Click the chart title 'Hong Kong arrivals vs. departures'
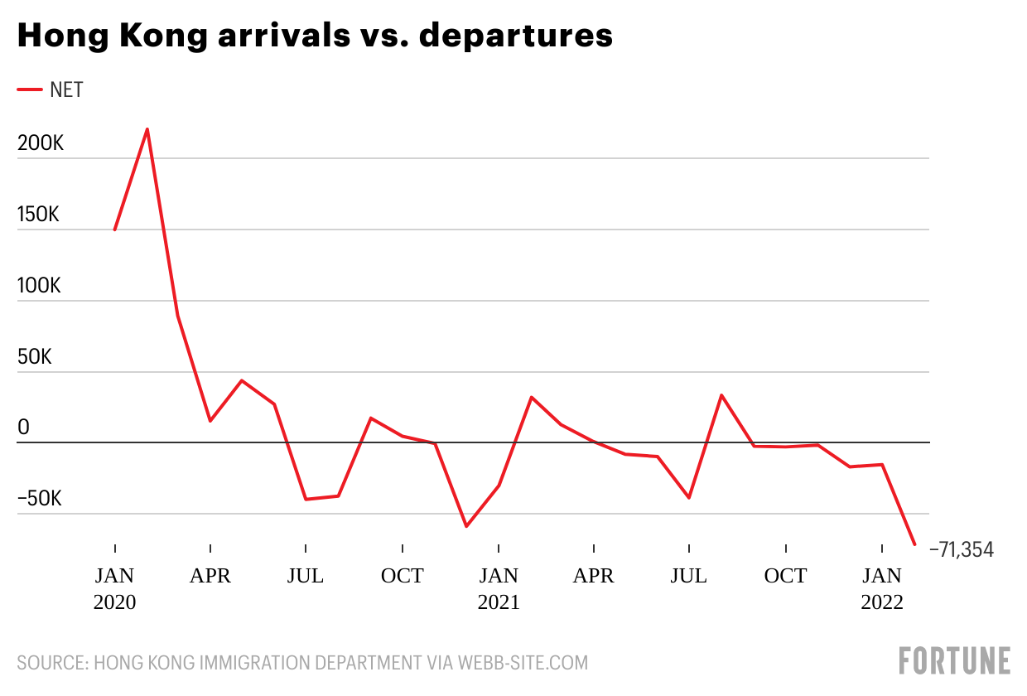(x=315, y=36)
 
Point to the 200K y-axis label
(x=40, y=143)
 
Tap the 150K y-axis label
(x=38, y=215)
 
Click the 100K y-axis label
(x=39, y=287)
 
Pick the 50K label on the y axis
(x=35, y=358)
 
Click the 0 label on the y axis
(x=23, y=428)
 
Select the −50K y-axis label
(x=40, y=499)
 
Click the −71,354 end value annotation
(x=961, y=549)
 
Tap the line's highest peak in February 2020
(x=147, y=128)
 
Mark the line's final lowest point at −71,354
(x=914, y=544)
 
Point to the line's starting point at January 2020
(x=114, y=230)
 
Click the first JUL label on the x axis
(x=306, y=576)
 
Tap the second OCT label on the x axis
(x=785, y=576)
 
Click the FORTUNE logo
(x=955, y=661)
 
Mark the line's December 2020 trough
(x=466, y=526)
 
